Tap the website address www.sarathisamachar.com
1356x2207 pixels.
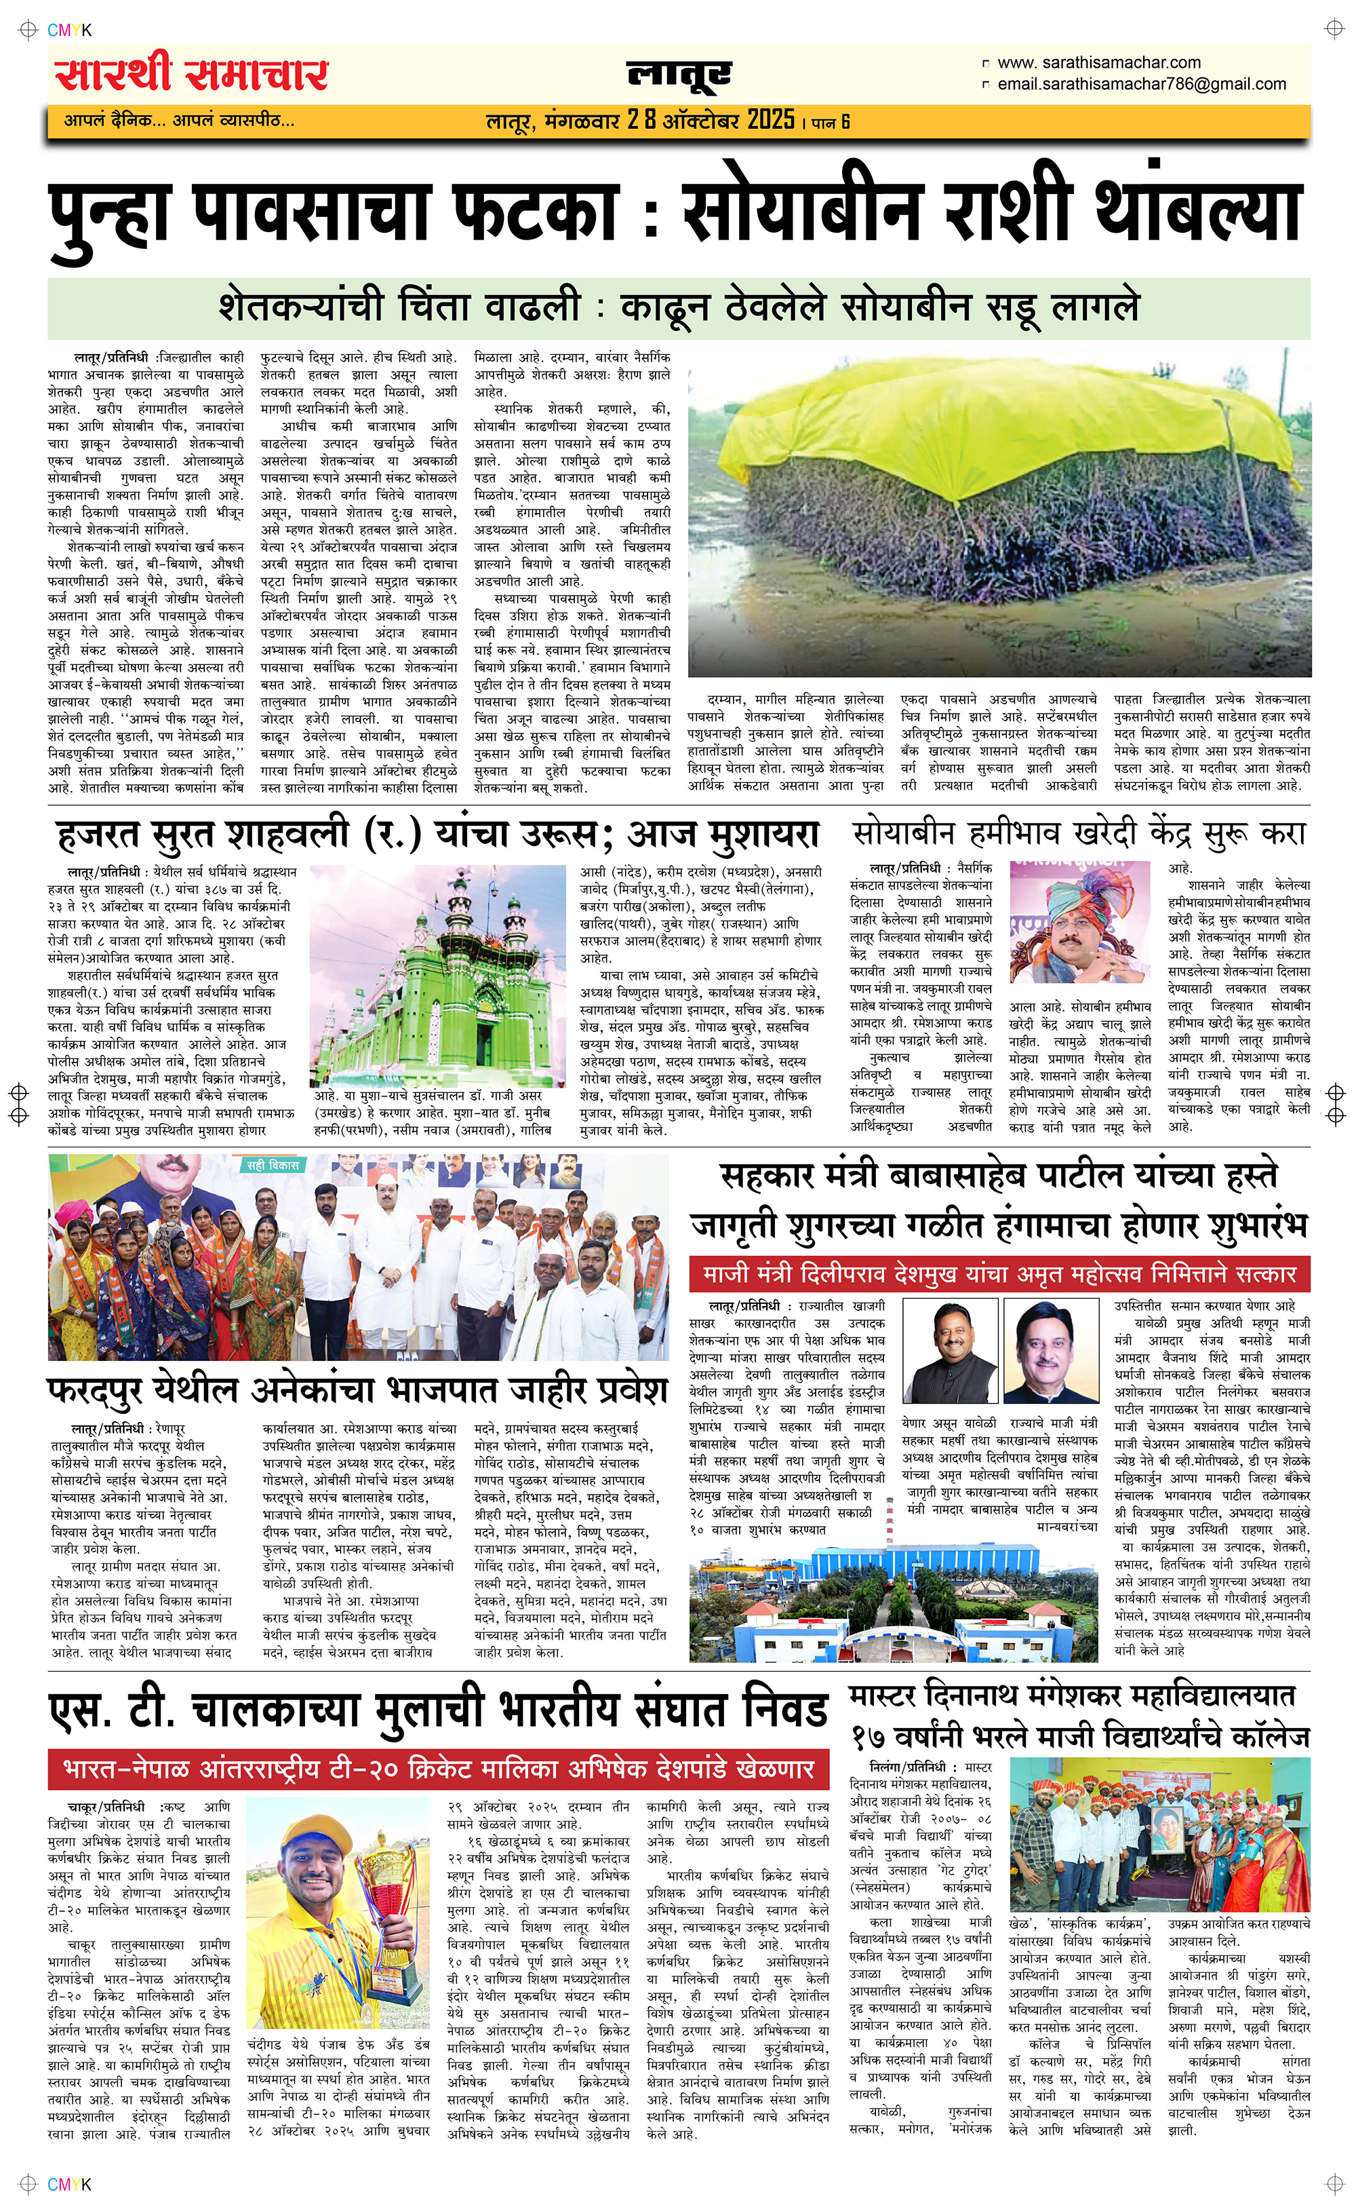click(1098, 63)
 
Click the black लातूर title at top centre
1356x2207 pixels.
click(679, 75)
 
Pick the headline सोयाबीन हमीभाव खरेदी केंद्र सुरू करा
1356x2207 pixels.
click(1079, 832)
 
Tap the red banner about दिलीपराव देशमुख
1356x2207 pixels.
click(999, 1274)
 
